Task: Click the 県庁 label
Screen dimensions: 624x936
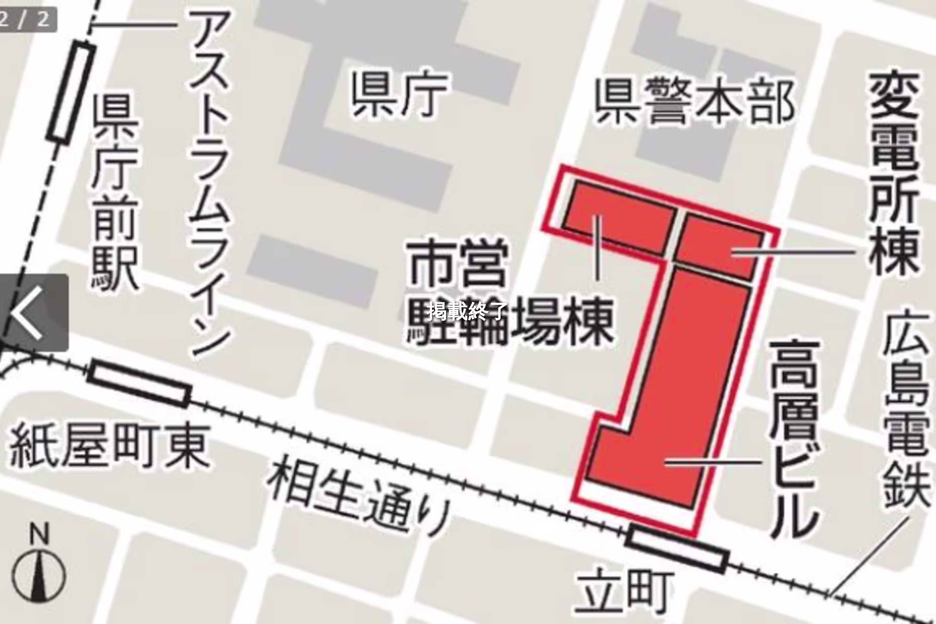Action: pyautogui.click(x=400, y=96)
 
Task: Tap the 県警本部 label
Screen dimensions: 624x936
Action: pyautogui.click(x=694, y=102)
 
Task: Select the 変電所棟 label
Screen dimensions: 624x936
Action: pyautogui.click(x=893, y=173)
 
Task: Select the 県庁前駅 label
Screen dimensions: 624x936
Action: pyautogui.click(x=115, y=193)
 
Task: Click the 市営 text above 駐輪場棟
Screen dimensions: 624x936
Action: pyautogui.click(x=458, y=265)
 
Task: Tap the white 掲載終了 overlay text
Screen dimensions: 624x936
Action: pyautogui.click(x=467, y=311)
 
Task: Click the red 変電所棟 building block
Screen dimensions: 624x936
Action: pyautogui.click(x=718, y=247)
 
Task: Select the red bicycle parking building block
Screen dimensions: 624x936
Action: pyautogui.click(x=619, y=217)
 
